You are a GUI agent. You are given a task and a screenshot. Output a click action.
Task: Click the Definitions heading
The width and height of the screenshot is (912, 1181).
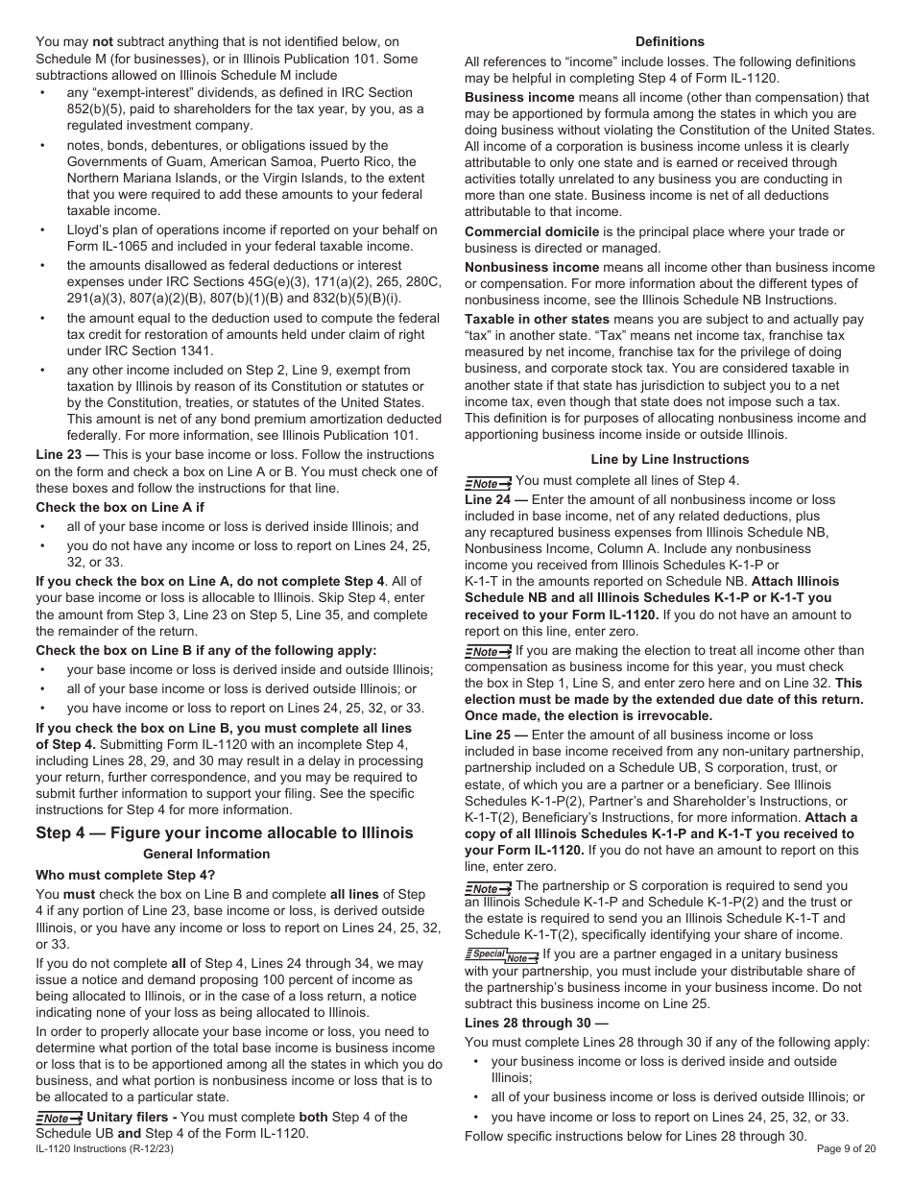pos(669,41)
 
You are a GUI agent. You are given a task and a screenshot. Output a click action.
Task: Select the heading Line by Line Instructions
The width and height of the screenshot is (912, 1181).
pos(669,459)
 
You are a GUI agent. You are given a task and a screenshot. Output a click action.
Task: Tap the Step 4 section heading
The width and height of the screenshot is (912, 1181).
pos(224,832)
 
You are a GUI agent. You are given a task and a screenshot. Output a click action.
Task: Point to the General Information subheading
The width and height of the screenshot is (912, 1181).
pos(206,854)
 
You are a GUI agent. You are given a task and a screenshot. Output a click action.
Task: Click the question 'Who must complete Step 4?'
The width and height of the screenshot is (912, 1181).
pos(126,875)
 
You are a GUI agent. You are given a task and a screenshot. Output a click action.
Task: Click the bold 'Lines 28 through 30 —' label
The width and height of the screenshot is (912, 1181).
pos(536,1024)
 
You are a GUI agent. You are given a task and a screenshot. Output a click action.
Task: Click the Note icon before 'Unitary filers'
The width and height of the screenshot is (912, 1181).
pos(59,1118)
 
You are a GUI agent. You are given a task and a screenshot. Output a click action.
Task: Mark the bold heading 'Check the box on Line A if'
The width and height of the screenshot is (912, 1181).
pos(120,507)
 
